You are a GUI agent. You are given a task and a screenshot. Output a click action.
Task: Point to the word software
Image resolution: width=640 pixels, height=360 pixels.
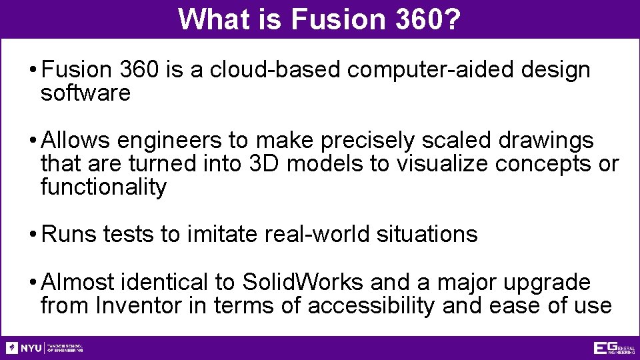[85, 93]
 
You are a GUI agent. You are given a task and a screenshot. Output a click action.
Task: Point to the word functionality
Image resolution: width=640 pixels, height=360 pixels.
[103, 187]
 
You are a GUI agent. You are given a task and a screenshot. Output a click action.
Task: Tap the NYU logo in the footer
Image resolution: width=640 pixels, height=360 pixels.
[24, 348]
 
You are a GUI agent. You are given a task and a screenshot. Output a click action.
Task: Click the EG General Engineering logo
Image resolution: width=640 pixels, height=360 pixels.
[613, 348]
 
